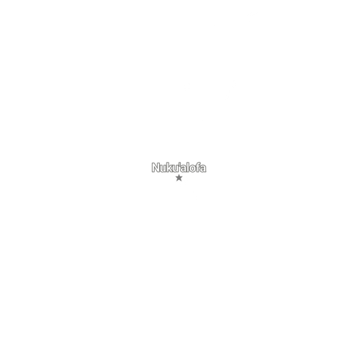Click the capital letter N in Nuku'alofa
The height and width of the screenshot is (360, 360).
coord(156,167)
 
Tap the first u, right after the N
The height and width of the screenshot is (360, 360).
coord(163,169)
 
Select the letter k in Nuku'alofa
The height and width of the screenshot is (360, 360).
coord(170,167)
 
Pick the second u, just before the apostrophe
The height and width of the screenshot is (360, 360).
coord(176,169)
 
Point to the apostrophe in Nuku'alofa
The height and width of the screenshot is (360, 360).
coord(180,164)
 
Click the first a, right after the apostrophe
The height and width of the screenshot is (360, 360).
coord(184,169)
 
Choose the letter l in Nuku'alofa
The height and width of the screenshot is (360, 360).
coord(189,167)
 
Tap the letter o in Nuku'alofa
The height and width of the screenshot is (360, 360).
coord(193,169)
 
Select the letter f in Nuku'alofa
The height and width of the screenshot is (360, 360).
coord(198,167)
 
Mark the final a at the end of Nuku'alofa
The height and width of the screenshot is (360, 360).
coord(203,169)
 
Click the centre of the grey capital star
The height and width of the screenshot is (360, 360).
coord(179,178)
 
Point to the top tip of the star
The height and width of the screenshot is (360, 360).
coord(179,174)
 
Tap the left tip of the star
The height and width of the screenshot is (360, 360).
coord(175,177)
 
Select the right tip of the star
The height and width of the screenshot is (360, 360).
coord(183,177)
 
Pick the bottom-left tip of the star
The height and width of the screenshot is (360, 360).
coord(177,181)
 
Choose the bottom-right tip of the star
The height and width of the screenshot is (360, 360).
coord(181,181)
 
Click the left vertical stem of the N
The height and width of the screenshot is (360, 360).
coord(153,167)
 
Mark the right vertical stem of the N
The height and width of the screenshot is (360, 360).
coord(158,167)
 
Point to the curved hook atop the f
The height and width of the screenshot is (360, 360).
coord(199,163)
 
